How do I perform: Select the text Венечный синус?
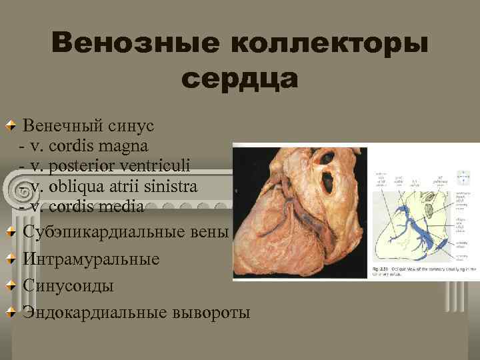pos(88,125)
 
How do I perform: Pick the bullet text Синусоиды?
pos(68,285)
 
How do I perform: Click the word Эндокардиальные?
pos(96,311)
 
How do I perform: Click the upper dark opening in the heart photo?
pos(326,159)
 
